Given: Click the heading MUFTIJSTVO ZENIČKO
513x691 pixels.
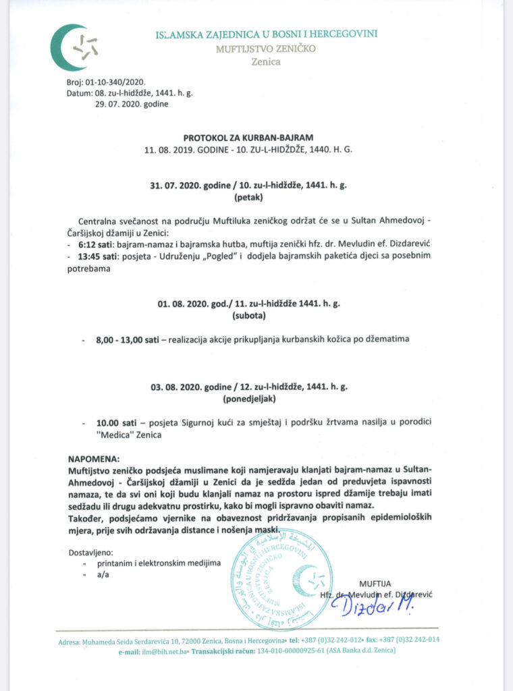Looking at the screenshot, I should point(266,48).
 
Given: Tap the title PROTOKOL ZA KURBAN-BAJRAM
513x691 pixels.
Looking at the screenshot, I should point(248,136).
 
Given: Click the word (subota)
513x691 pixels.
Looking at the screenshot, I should point(250,315).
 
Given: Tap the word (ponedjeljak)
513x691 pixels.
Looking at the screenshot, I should point(249,399).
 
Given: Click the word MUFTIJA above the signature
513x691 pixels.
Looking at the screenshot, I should point(375,582).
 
